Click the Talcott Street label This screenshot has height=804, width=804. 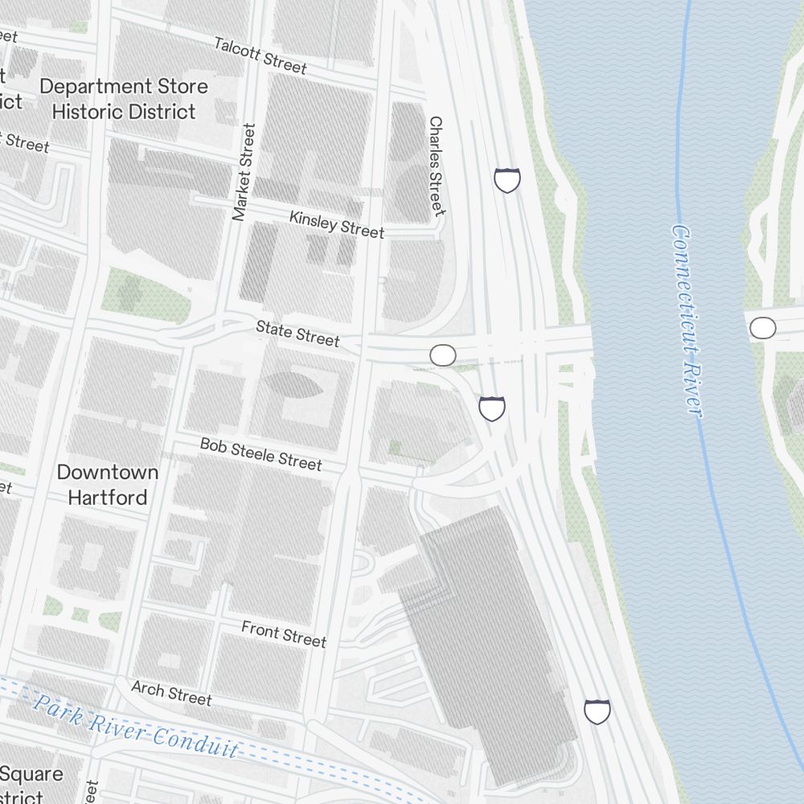pos(260,55)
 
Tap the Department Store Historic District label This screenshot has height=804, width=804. pos(124,99)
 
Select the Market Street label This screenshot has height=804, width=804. pos(243,172)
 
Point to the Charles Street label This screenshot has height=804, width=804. pos(436,166)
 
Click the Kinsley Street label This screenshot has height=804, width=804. pos(337,224)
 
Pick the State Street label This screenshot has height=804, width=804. pos(297,333)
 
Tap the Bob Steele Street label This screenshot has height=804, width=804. pos(260,454)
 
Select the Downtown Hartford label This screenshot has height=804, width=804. pos(108,485)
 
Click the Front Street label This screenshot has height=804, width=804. pos(284,634)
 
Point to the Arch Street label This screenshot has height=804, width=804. pos(171,693)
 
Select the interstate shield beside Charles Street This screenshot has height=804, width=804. pos(507,180)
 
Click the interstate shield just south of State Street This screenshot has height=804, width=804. pos(492,408)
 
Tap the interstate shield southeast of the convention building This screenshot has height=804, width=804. pos(597,711)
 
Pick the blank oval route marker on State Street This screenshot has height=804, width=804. pos(443,355)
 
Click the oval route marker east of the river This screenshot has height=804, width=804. pos(763,328)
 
